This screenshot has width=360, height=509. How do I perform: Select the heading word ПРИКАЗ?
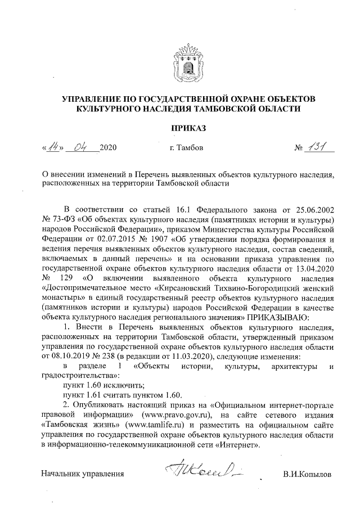point(188,128)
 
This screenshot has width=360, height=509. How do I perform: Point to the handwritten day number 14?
point(55,147)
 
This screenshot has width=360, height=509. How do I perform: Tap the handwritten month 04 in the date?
point(82,147)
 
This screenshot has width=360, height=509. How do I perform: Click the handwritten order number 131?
point(318,147)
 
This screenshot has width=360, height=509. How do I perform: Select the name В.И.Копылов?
point(308,474)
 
